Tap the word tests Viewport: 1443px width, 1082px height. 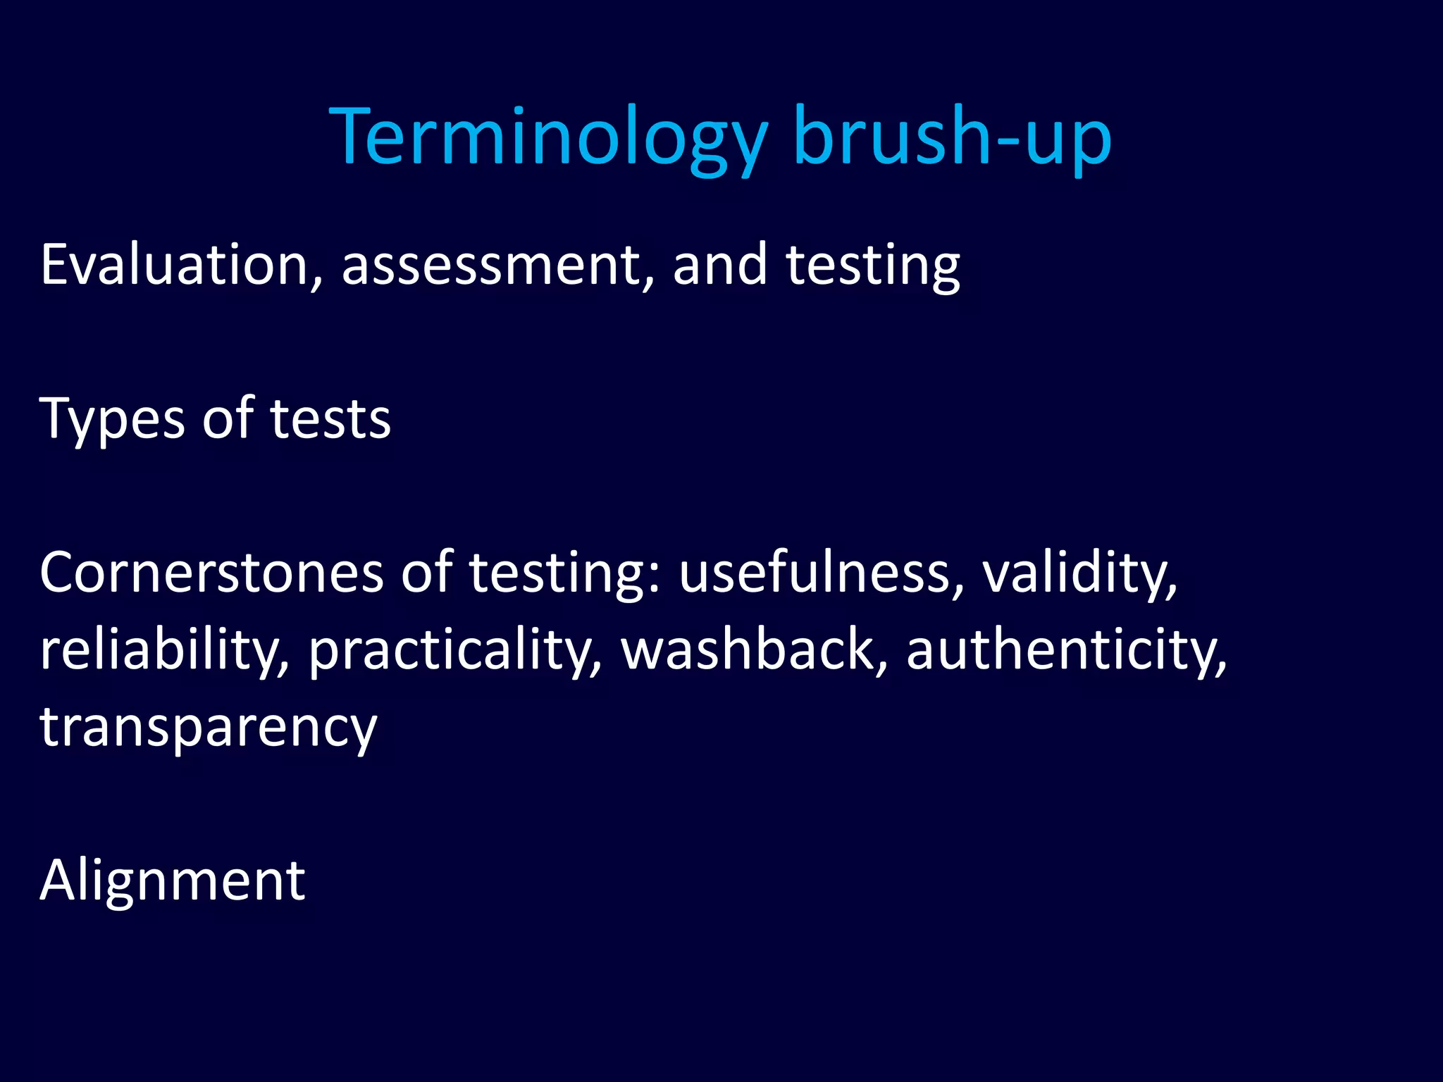point(330,419)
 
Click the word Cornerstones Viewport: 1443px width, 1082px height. point(211,572)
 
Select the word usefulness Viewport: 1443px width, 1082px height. point(821,572)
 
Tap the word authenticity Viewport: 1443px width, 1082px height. point(1066,649)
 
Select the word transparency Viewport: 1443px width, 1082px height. point(209,727)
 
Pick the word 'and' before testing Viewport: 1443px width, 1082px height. point(719,266)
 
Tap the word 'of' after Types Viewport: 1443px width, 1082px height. point(228,419)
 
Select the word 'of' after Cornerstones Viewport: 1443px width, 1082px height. point(426,572)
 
